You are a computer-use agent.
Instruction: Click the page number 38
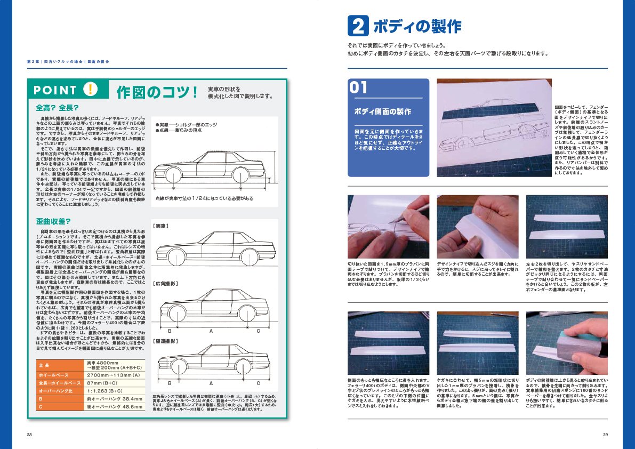click(29, 434)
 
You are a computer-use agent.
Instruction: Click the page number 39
click(605, 434)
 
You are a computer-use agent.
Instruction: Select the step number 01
click(360, 88)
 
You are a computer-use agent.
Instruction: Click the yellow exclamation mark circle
click(90, 90)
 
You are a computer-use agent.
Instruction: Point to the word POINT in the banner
click(55, 90)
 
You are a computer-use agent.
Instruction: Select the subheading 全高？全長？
click(57, 107)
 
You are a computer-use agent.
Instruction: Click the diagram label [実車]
click(161, 226)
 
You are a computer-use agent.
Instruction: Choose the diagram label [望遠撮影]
click(165, 340)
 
